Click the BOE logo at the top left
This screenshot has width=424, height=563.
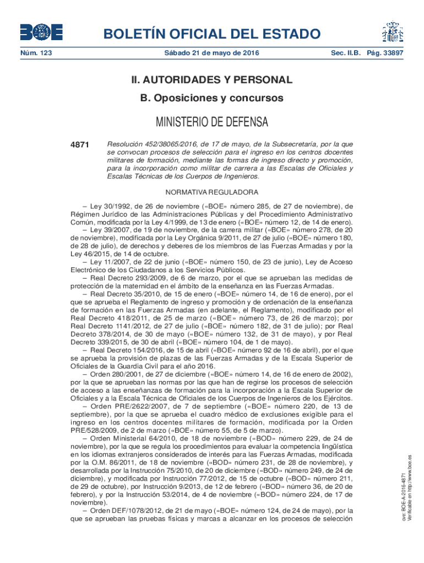(41, 32)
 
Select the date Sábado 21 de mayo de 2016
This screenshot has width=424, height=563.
(211, 53)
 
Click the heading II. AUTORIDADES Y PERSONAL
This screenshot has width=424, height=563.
(211, 80)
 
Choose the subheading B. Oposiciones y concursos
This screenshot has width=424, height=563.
(211, 98)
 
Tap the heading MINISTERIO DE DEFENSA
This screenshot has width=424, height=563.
(211, 122)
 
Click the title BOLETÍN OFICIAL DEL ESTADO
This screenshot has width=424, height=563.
(211, 34)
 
